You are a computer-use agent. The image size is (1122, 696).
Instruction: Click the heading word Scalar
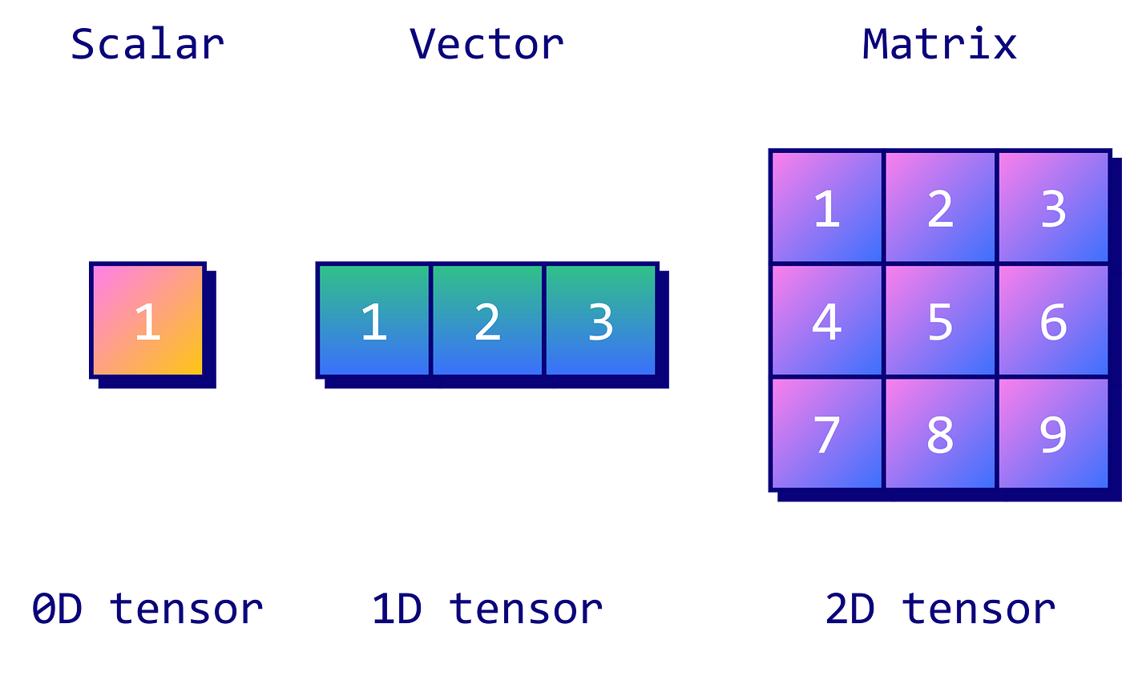[147, 44]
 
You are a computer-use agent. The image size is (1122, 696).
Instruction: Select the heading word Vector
[486, 44]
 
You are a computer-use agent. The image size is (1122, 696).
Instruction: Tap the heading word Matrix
[939, 44]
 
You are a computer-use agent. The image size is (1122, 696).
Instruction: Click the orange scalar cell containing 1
[147, 320]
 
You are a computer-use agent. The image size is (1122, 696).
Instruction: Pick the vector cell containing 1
[374, 320]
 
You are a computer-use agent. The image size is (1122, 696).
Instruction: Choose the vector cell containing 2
[487, 320]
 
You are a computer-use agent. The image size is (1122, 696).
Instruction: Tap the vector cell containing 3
[600, 320]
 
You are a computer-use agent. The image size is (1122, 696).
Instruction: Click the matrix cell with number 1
[826, 207]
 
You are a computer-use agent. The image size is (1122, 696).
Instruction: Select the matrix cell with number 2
[940, 207]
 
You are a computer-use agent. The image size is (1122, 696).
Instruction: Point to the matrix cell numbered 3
[1053, 207]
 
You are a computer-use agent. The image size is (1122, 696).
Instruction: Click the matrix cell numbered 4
[826, 320]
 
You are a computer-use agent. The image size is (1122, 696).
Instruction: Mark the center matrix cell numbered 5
[940, 320]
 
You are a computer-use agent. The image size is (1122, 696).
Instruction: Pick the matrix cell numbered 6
[1053, 320]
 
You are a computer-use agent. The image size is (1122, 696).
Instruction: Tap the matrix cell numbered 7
[826, 433]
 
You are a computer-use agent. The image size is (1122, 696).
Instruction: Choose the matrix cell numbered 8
[940, 433]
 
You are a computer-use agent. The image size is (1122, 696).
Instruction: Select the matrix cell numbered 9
[1053, 433]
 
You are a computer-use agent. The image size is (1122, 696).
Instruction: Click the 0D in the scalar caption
[57, 610]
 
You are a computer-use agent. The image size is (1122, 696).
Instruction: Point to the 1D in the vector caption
[397, 610]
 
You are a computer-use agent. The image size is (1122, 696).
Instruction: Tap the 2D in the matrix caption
[850, 610]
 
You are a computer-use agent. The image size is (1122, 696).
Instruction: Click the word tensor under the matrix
[979, 610]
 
